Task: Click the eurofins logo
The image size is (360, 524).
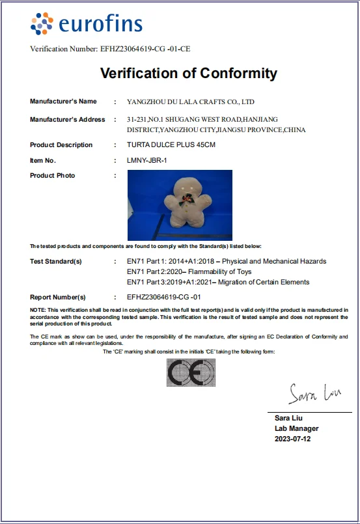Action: click(x=86, y=24)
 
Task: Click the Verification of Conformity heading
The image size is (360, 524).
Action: click(x=188, y=74)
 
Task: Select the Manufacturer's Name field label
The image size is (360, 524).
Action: click(x=63, y=102)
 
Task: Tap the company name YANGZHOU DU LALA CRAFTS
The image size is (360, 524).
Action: click(x=191, y=102)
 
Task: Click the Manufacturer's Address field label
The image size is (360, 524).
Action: click(x=67, y=120)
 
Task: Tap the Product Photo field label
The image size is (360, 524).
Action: click(x=52, y=176)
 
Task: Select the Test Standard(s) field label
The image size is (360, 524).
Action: click(x=56, y=262)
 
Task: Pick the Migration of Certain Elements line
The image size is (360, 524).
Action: click(x=217, y=282)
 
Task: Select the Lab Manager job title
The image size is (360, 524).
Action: click(x=296, y=429)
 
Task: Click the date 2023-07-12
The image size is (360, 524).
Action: click(x=292, y=439)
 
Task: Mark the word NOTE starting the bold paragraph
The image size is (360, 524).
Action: click(x=38, y=309)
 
